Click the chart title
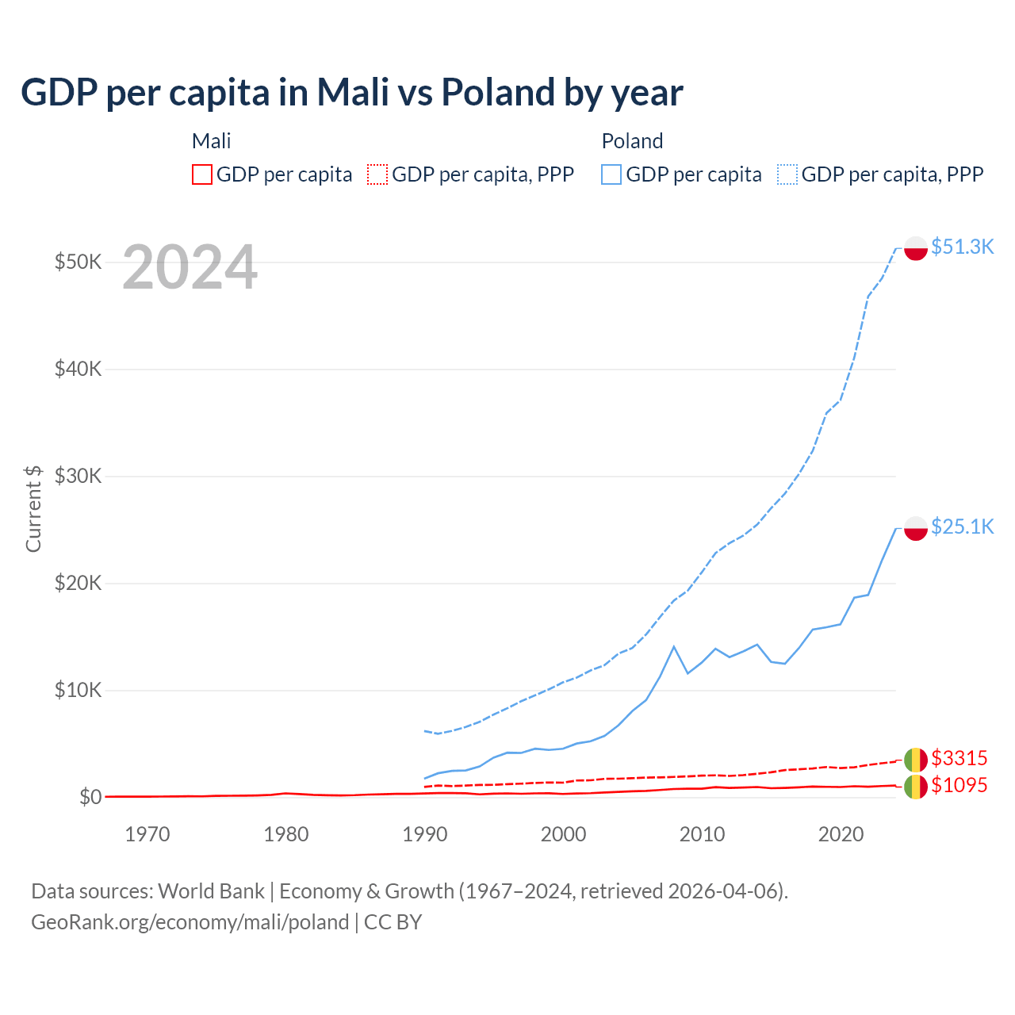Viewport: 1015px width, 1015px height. coord(351,93)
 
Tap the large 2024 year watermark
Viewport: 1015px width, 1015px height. coord(190,268)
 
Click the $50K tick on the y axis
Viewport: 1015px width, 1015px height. coord(78,262)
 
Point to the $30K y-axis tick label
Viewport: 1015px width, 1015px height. coord(78,476)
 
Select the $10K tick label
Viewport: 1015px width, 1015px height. coord(78,690)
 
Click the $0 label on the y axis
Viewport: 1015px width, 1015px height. coord(90,797)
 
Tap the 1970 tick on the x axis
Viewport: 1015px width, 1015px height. coord(147,834)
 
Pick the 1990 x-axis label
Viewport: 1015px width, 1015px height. coord(425,834)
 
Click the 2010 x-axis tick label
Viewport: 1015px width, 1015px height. coord(702,834)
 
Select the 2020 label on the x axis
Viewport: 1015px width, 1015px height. coord(841,834)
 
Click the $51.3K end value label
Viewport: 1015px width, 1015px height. coord(962,247)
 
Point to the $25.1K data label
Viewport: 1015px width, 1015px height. coord(962,527)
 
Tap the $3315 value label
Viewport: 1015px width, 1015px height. coord(959,758)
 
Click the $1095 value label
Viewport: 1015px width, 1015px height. coord(959,785)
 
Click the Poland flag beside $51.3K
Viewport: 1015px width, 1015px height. coord(916,248)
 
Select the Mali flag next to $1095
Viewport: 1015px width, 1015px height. coord(916,787)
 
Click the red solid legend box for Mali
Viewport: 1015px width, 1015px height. coord(202,174)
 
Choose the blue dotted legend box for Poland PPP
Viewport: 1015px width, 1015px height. coord(787,174)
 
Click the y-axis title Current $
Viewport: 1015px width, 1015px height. coord(33,508)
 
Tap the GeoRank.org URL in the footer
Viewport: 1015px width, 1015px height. coord(190,922)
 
